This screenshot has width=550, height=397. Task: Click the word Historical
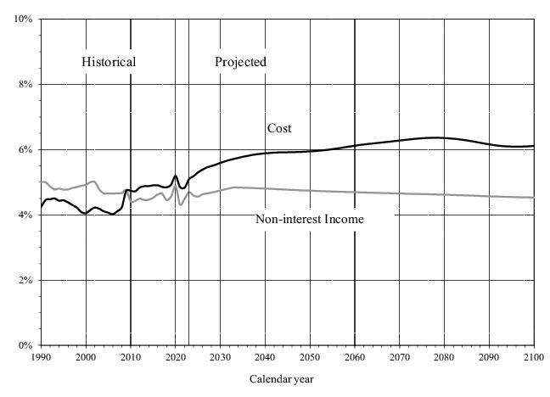pyautogui.click(x=109, y=62)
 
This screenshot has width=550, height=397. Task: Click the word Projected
pyautogui.click(x=240, y=62)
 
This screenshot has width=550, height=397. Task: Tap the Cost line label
pyautogui.click(x=279, y=128)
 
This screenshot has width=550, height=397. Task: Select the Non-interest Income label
pyautogui.click(x=310, y=220)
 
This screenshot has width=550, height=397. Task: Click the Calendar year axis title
pyautogui.click(x=281, y=379)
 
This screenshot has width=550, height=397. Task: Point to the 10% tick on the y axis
pyautogui.click(x=24, y=19)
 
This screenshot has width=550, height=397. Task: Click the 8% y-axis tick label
pyautogui.click(x=25, y=84)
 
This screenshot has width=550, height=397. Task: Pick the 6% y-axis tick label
pyautogui.click(x=25, y=149)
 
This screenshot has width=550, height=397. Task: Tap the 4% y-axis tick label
pyautogui.click(x=25, y=215)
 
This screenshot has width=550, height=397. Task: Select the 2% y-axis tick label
pyautogui.click(x=25, y=280)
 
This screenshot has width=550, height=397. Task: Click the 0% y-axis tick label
pyautogui.click(x=25, y=345)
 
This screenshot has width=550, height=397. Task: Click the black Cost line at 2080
pyautogui.click(x=445, y=137)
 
